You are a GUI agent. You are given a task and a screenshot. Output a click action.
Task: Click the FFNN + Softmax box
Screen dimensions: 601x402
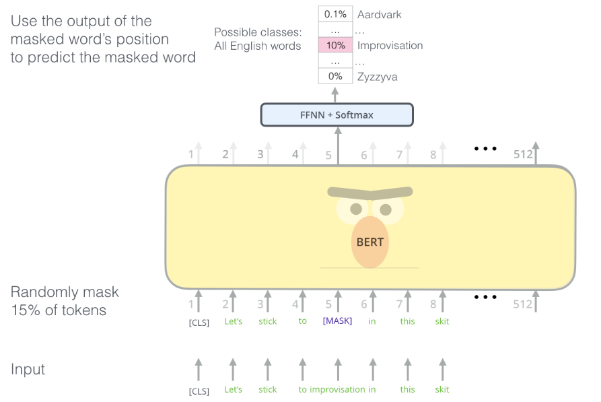tap(337, 115)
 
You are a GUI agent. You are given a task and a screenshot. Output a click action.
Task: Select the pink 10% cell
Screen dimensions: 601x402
tap(336, 46)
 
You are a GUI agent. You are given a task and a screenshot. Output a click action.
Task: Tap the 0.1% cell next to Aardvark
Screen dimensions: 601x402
tap(336, 14)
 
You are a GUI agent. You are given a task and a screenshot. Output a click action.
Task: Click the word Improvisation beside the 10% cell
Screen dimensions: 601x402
tap(390, 46)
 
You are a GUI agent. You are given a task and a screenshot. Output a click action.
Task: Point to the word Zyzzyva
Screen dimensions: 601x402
tap(377, 77)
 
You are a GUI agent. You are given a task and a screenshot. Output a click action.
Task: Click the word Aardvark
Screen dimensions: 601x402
tap(379, 14)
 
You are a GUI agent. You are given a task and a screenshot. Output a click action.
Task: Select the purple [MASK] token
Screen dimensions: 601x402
tap(337, 321)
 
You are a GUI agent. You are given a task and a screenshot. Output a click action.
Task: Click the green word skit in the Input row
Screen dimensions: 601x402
tap(441, 389)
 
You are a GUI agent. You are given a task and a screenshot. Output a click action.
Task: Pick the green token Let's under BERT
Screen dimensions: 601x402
tap(233, 321)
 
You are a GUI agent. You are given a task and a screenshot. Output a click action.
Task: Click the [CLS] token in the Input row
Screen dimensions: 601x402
tap(199, 390)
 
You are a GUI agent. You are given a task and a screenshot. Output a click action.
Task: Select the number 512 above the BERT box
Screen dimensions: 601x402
tap(523, 155)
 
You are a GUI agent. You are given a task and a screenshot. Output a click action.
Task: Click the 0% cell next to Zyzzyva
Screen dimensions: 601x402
tap(336, 77)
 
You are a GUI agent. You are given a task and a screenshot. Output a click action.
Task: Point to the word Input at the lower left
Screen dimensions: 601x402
tap(28, 370)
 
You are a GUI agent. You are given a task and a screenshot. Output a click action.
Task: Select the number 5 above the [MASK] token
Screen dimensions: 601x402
tap(329, 304)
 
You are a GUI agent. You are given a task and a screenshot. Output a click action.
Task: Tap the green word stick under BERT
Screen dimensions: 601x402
tap(267, 321)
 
